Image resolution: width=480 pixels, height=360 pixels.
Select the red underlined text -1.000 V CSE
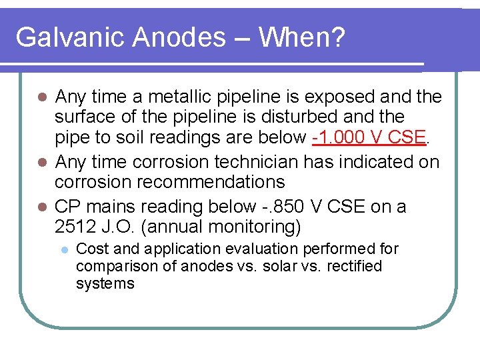click(x=369, y=137)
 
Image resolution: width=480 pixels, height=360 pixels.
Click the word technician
click(x=262, y=162)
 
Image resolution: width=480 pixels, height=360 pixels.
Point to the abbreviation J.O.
click(x=117, y=227)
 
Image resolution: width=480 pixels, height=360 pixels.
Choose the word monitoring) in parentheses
click(x=254, y=227)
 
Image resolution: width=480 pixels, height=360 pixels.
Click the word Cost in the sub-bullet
click(x=91, y=249)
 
